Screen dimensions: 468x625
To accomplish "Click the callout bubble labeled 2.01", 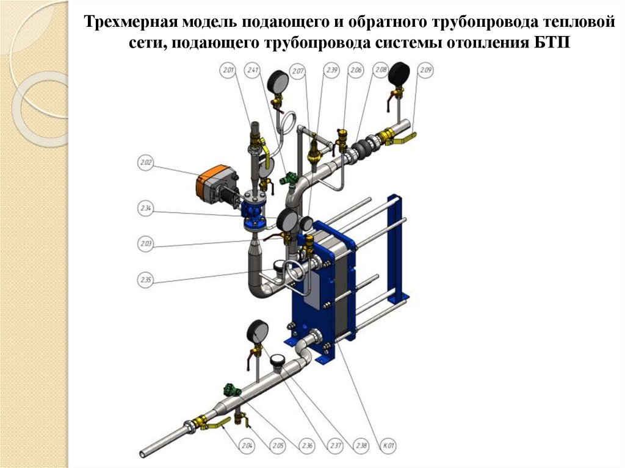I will pyautogui.click(x=228, y=71).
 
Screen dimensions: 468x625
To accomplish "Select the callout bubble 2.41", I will pyautogui.click(x=252, y=71).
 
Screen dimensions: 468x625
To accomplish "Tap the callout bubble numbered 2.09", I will pyautogui.click(x=425, y=71).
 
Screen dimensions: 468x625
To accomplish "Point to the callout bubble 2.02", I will pyautogui.click(x=145, y=163).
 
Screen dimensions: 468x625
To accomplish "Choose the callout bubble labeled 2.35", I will pyautogui.click(x=145, y=280).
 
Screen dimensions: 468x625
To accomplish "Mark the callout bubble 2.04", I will pyautogui.click(x=247, y=446).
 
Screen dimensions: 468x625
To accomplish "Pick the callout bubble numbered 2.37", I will pyautogui.click(x=334, y=446).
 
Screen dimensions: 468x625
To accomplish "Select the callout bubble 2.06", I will pyautogui.click(x=356, y=71).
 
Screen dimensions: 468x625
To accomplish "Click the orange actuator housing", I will pyautogui.click(x=211, y=181).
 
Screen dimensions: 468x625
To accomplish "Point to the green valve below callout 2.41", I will pyautogui.click(x=286, y=179).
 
